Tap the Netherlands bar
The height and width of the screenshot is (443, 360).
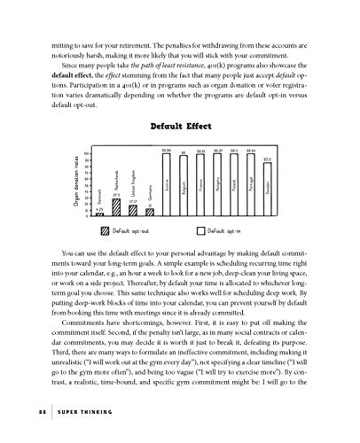tap(116, 207)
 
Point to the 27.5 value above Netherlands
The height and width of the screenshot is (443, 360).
tap(116, 195)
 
